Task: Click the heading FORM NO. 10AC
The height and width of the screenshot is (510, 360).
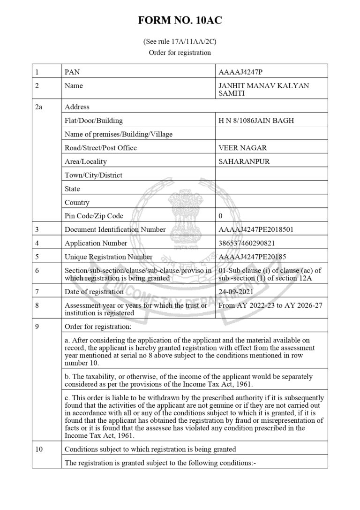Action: (180, 21)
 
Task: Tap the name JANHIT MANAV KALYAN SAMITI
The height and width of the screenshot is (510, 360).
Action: (264, 89)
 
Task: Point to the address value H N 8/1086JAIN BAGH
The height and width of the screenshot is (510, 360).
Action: (256, 121)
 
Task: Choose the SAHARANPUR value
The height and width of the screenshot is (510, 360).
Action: (244, 161)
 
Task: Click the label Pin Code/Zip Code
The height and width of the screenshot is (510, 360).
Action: (94, 216)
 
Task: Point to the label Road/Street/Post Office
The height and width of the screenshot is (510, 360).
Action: (101, 148)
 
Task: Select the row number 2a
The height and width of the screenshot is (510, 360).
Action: (39, 107)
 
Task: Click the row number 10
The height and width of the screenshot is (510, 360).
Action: (39, 449)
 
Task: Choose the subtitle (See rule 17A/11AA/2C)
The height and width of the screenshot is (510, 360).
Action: (180, 42)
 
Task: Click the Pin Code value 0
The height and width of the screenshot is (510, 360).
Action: (221, 216)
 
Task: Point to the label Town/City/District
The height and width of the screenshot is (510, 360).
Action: (93, 175)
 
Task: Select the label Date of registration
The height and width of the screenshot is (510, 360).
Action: (94, 291)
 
